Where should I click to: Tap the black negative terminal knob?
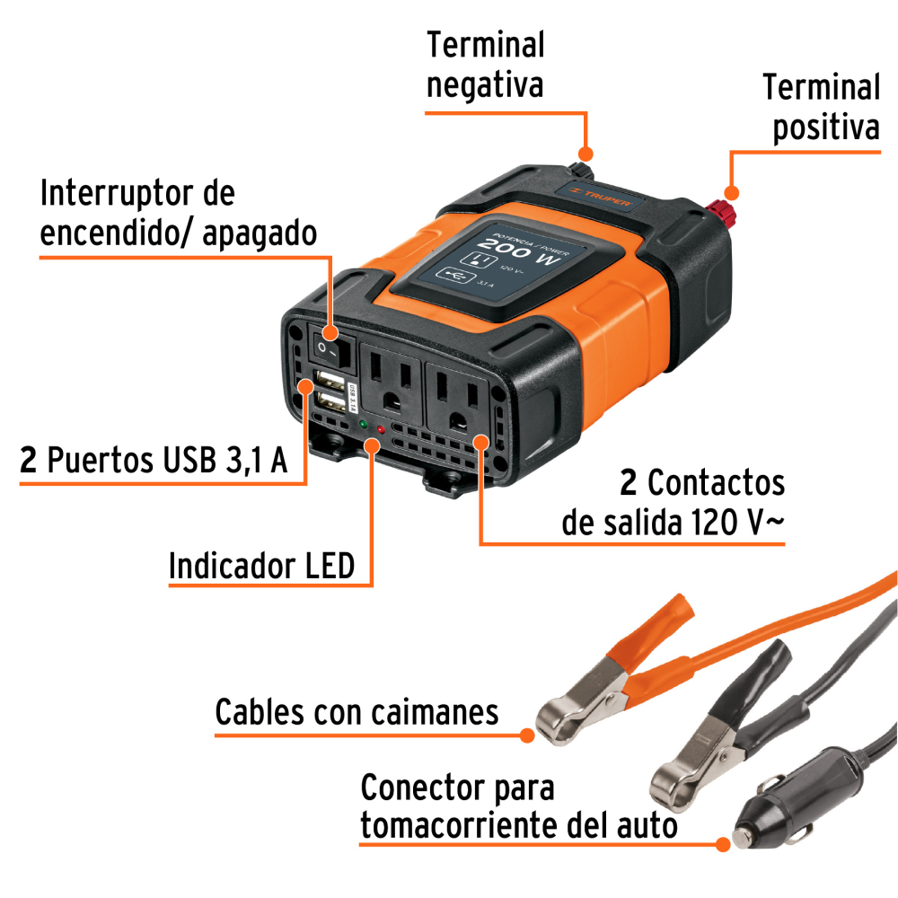[x=580, y=170]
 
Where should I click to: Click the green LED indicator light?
[x=362, y=423]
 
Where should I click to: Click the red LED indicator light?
[x=382, y=431]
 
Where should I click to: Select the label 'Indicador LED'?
[x=261, y=567]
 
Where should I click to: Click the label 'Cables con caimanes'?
[x=357, y=713]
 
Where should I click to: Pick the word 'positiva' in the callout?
[x=826, y=128]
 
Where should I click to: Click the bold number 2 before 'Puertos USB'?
[x=29, y=462]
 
